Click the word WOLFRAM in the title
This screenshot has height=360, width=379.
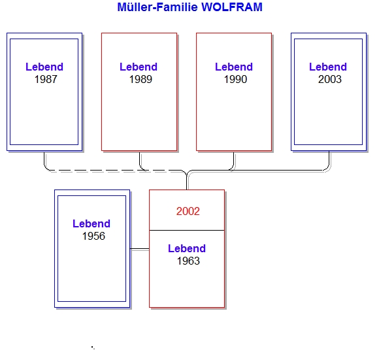click(x=232, y=7)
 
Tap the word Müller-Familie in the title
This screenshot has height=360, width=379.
click(x=157, y=7)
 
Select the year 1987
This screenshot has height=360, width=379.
click(x=46, y=79)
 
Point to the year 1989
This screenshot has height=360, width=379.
click(x=140, y=79)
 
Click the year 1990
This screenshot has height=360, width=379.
click(x=235, y=79)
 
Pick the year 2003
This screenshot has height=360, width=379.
click(x=330, y=79)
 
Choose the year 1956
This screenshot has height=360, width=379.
click(x=93, y=236)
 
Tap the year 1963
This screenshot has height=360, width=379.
click(x=188, y=261)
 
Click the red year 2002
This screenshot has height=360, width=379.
click(x=188, y=212)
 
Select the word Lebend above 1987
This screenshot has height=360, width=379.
click(x=44, y=67)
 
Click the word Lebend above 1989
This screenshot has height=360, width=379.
click(x=139, y=67)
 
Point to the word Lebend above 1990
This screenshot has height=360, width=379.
click(x=234, y=67)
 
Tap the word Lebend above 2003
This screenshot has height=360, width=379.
click(x=328, y=67)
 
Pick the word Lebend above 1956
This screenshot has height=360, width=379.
click(x=91, y=223)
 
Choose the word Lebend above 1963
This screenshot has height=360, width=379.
click(x=187, y=249)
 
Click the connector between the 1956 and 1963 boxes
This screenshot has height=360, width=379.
click(x=139, y=249)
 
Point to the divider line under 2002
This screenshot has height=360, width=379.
click(x=187, y=230)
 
